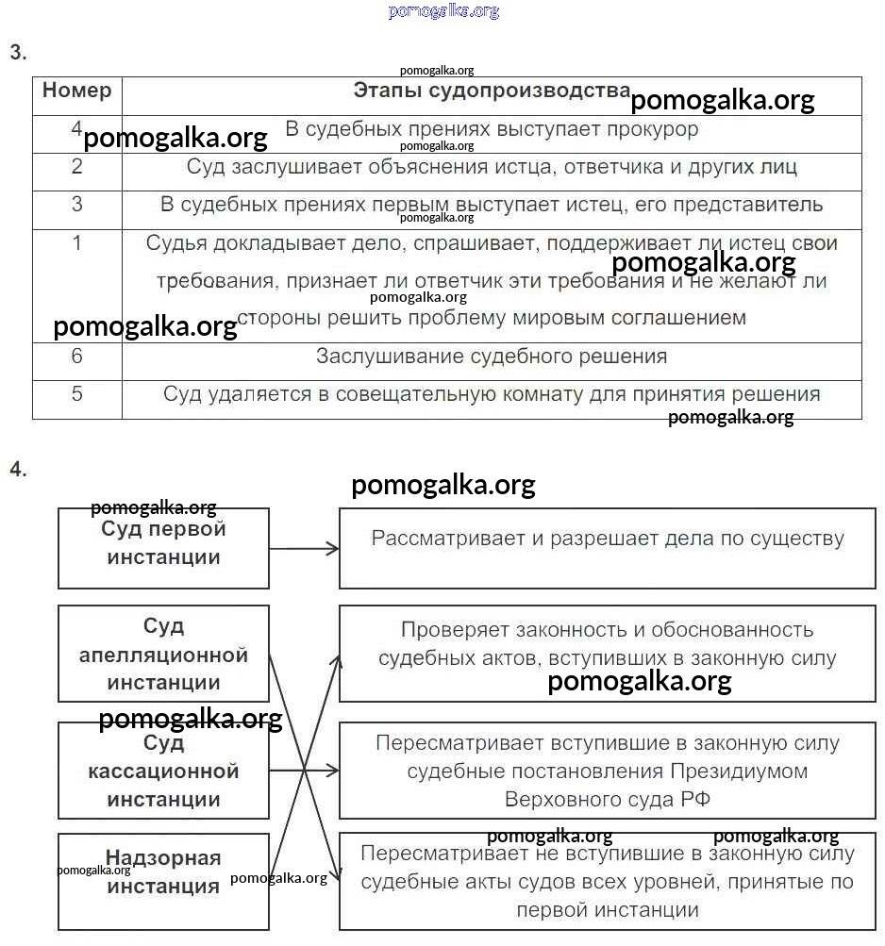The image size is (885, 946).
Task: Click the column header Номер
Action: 76,91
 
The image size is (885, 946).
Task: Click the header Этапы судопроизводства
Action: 492,91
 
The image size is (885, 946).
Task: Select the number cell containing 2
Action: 77,167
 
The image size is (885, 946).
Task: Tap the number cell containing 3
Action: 77,205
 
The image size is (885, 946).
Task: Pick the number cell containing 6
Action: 77,357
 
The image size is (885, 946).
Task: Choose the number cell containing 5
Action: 77,394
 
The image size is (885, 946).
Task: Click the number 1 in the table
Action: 77,243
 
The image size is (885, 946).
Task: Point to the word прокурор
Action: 654,129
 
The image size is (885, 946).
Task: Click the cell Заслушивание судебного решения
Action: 492,357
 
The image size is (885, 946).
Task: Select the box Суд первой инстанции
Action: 163,547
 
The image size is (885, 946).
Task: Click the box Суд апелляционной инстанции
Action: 163,654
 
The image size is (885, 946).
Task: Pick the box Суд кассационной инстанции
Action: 163,771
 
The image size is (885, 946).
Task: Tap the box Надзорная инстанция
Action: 163,881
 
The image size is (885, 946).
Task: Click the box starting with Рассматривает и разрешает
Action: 607,547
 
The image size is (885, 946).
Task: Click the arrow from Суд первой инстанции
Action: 304,547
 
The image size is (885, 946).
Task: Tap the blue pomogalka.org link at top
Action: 442,11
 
